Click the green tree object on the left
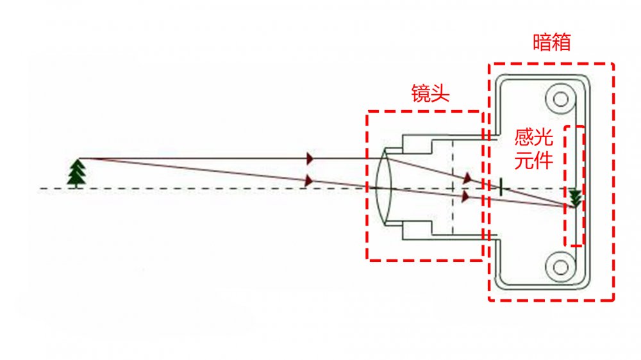(x=77, y=172)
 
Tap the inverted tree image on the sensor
(x=576, y=198)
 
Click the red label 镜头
(x=430, y=94)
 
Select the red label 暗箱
(x=552, y=43)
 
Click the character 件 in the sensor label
(x=543, y=160)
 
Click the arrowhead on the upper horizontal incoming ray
(x=311, y=158)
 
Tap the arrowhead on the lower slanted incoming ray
(x=310, y=181)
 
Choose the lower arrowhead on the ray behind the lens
(x=465, y=196)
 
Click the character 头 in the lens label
(x=440, y=94)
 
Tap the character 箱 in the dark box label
(x=562, y=43)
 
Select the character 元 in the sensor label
(x=525, y=160)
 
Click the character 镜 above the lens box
(x=420, y=94)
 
